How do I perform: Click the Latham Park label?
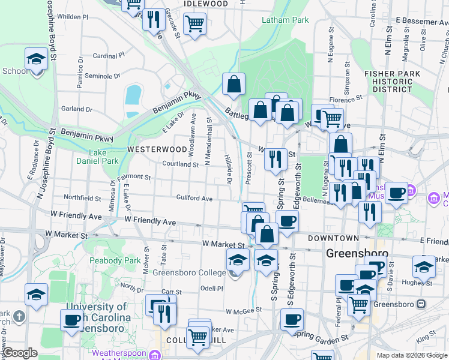click(x=285, y=20)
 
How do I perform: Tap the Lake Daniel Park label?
click(x=97, y=157)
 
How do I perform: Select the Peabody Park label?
click(x=114, y=260)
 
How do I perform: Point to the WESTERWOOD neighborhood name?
click(x=157, y=149)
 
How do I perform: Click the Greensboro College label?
click(x=189, y=273)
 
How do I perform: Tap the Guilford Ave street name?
click(x=194, y=198)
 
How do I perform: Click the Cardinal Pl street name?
click(x=108, y=56)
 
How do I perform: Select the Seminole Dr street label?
click(x=102, y=76)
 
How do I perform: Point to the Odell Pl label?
click(x=212, y=288)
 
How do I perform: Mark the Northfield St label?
click(x=82, y=197)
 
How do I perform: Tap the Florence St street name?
click(x=346, y=98)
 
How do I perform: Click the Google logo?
click(x=20, y=353)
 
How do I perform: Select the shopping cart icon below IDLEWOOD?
click(x=194, y=24)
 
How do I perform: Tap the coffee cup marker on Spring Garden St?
click(x=292, y=320)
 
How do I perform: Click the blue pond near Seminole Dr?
click(x=133, y=94)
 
